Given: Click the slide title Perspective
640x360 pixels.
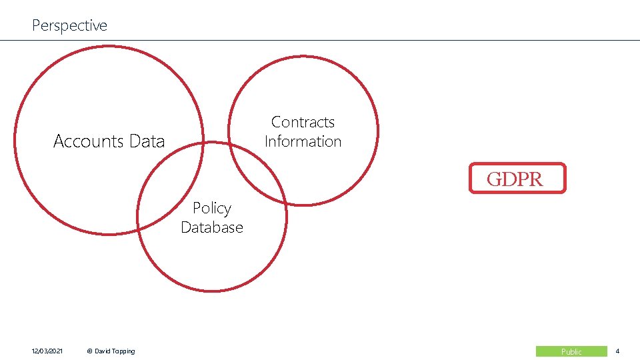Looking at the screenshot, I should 69,25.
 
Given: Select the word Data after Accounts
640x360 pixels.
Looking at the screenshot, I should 147,141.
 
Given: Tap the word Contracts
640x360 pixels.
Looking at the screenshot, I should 303,122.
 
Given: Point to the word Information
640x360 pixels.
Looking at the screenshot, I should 303,141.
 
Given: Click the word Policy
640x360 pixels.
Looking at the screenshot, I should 212,209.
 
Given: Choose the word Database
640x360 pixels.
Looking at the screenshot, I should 212,227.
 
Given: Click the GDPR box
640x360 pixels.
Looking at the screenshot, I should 517,179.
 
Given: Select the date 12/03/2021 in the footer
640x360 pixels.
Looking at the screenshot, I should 47,351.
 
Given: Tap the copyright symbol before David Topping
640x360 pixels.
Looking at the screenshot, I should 90,351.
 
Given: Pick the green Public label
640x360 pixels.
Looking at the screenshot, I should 571,351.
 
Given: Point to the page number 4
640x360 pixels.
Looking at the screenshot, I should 617,351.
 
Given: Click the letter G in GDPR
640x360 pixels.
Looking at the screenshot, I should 494,179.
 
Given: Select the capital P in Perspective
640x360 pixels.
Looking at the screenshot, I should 36,25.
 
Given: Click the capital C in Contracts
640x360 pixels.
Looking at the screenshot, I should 276,122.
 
